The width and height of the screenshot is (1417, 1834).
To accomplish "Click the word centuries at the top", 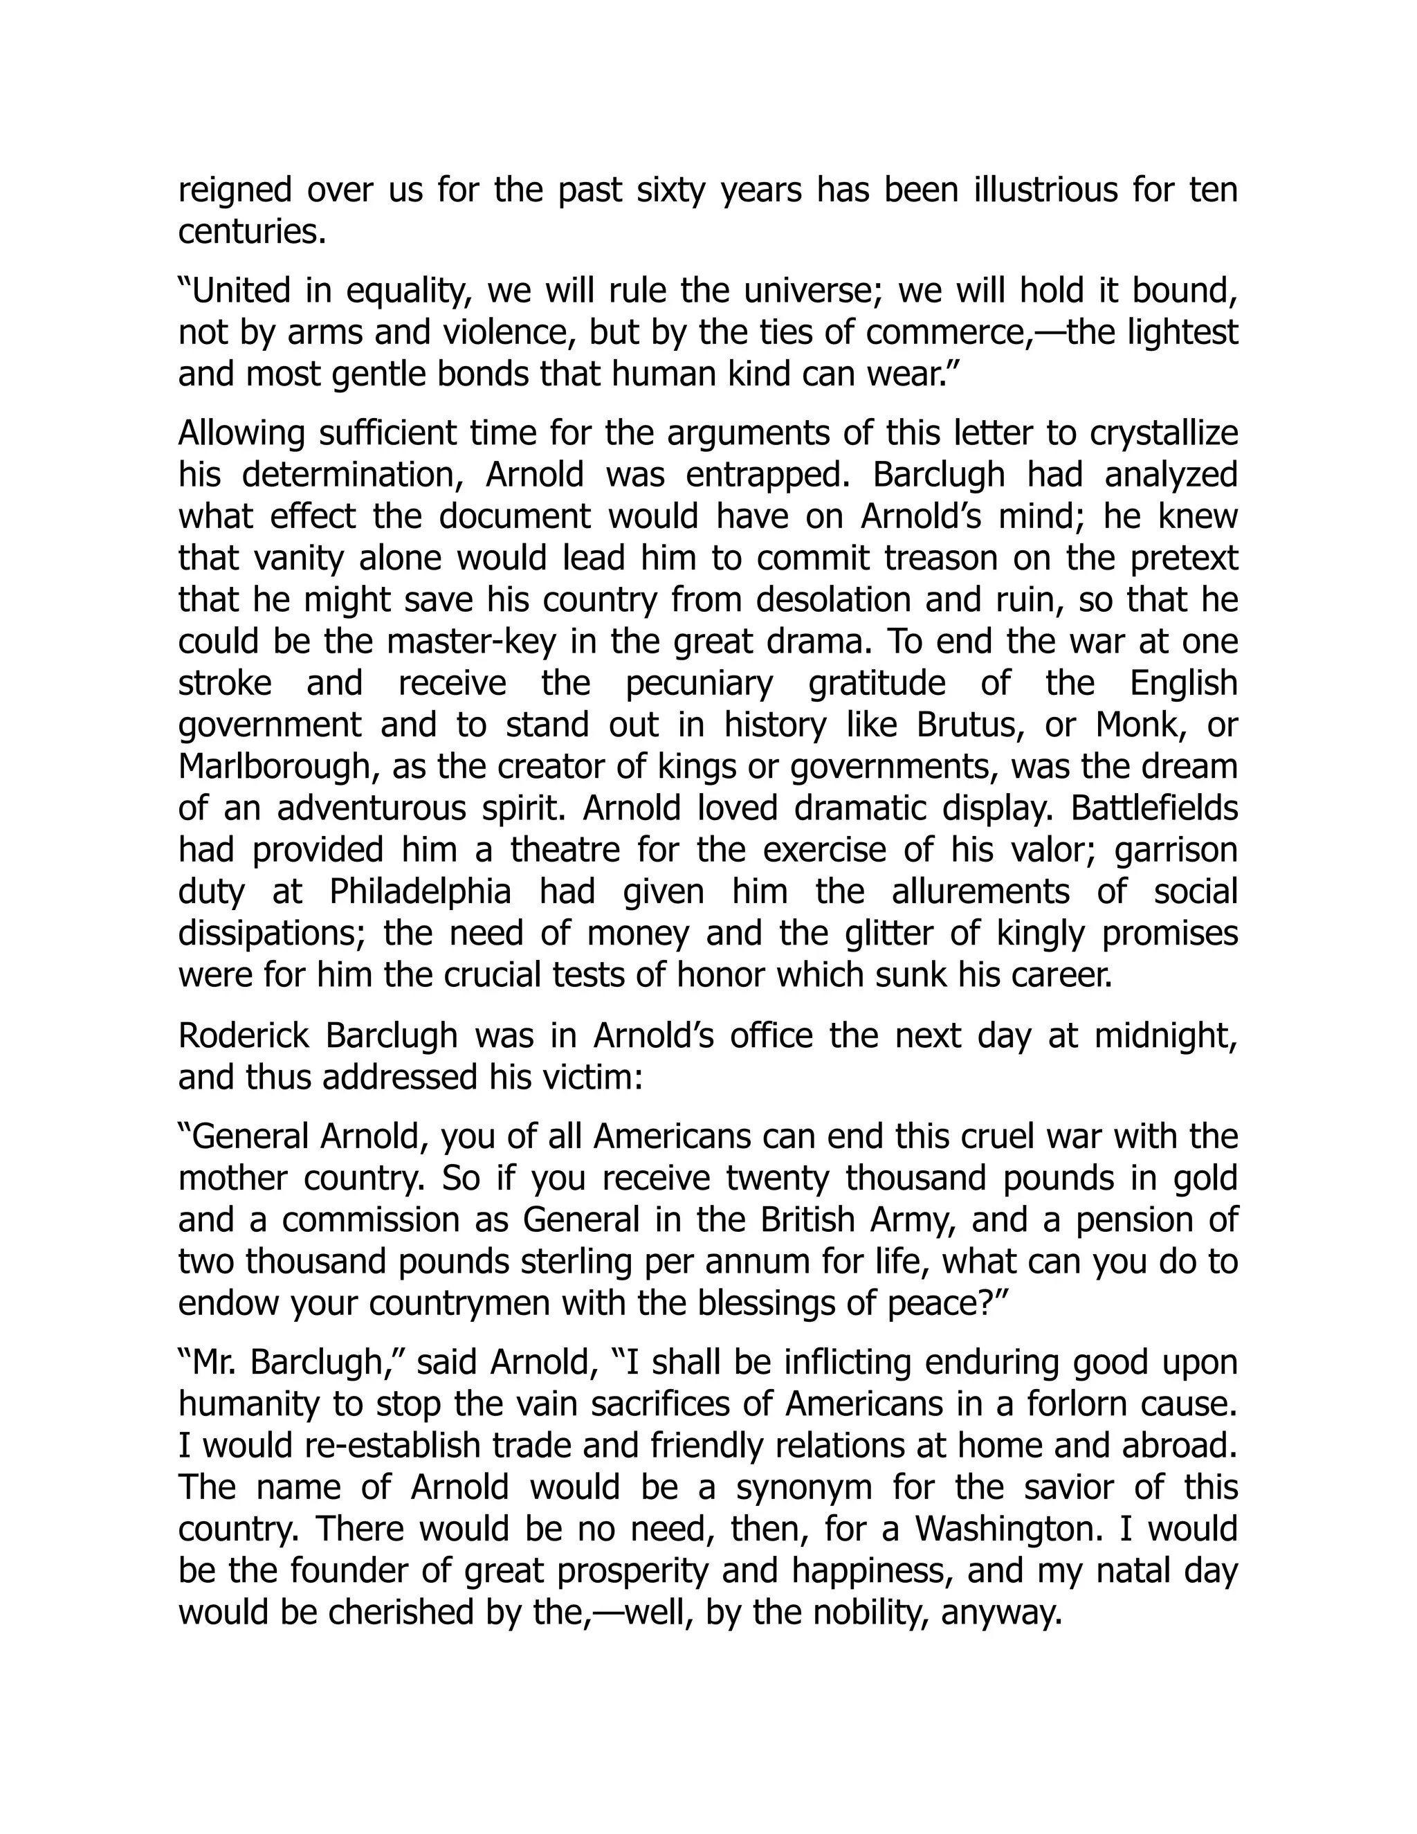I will click(251, 233).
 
